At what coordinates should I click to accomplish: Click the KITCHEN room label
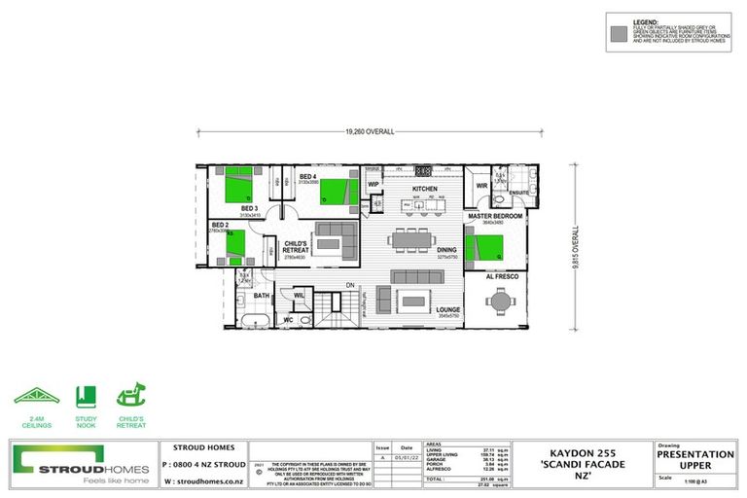425,189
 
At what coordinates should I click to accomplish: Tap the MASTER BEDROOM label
494,215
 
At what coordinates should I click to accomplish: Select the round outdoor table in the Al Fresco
500,302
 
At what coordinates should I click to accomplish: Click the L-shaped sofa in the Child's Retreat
335,235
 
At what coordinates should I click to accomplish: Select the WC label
288,319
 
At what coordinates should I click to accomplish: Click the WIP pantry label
373,183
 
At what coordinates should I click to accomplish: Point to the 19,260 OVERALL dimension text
370,131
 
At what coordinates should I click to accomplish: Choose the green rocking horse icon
131,397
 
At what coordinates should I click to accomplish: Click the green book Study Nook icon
85,397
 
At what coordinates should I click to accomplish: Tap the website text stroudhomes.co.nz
204,480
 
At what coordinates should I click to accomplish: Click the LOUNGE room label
447,309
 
